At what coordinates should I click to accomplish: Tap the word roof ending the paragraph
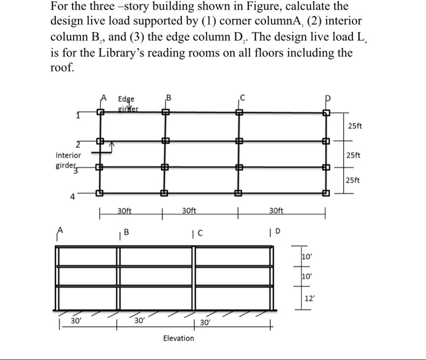pyautogui.click(x=60, y=68)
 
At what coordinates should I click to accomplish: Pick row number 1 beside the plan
pyautogui.click(x=77, y=116)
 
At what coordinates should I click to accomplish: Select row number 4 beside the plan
pyautogui.click(x=72, y=196)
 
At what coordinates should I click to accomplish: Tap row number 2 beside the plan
pyautogui.click(x=78, y=144)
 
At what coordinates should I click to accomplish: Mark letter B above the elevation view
pyautogui.click(x=127, y=230)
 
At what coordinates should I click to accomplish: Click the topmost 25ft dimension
pyautogui.click(x=355, y=125)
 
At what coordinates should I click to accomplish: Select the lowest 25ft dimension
pyautogui.click(x=353, y=180)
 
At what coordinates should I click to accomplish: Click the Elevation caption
pyautogui.click(x=179, y=338)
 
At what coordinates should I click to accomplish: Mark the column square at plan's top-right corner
pyautogui.click(x=326, y=112)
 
